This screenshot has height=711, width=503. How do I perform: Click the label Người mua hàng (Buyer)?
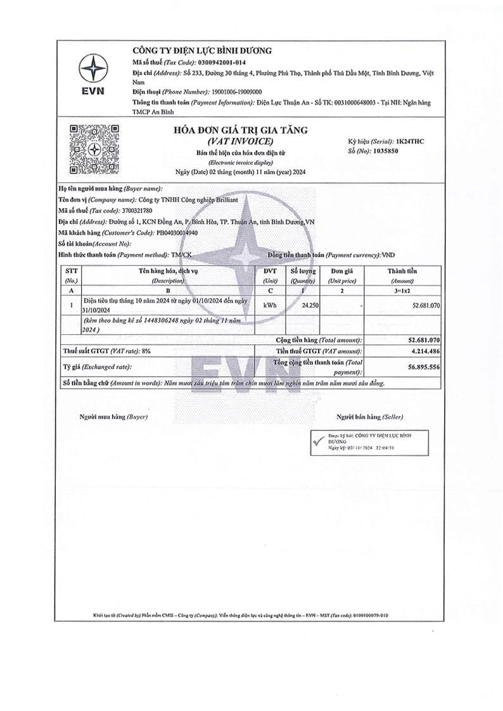coord(113,417)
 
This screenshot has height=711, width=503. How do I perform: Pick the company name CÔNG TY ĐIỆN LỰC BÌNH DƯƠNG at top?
coord(201,50)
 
